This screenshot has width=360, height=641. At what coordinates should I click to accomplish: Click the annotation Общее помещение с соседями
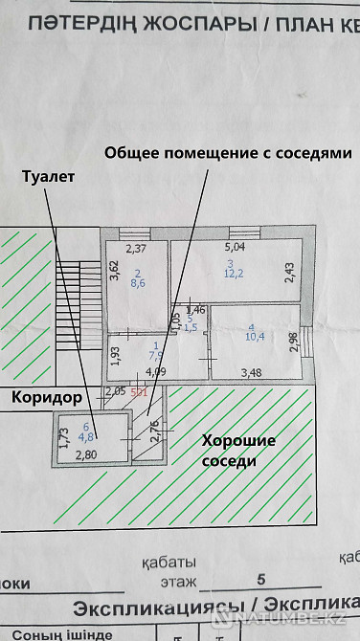point(228,153)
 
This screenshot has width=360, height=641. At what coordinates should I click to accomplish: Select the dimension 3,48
point(252,373)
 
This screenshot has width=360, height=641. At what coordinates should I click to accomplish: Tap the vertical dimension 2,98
point(294,338)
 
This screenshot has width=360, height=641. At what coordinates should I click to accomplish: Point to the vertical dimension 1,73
point(63,438)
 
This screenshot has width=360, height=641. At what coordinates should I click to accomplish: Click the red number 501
point(138,390)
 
